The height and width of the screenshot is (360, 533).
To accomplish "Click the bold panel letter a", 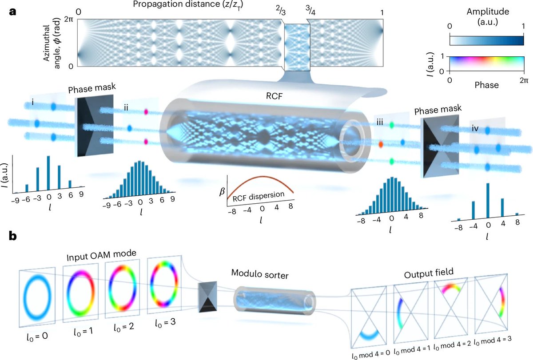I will click(13, 11).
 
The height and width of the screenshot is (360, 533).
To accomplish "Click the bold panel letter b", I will click(13, 236).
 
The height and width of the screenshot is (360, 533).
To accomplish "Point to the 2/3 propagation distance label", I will click(282, 12).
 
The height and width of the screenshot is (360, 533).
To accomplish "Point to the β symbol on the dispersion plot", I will click(222, 192).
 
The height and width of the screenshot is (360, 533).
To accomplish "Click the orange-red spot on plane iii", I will click(381, 144).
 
